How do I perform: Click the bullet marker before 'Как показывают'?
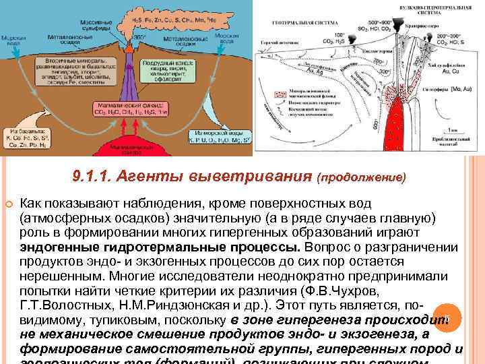tap(7, 202)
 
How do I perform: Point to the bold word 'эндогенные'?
tap(53, 247)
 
